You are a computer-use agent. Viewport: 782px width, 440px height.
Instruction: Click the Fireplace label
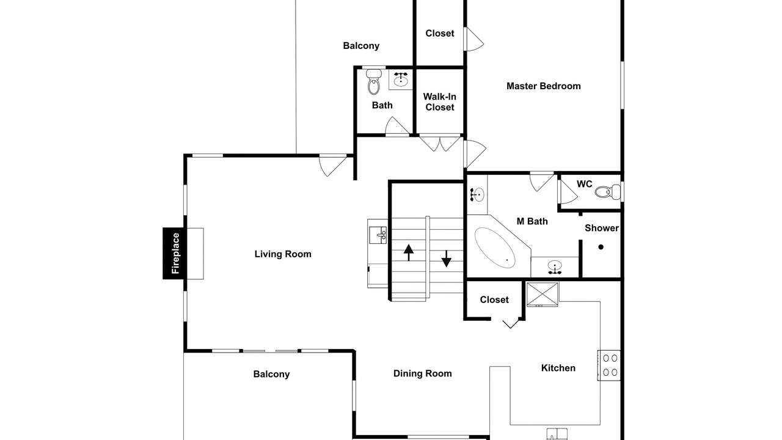tap(175, 253)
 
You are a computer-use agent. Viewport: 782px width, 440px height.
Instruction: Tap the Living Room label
tap(283, 254)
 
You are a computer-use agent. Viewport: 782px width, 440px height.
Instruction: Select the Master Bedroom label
tap(544, 86)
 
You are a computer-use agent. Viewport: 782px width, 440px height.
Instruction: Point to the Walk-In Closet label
tap(439, 102)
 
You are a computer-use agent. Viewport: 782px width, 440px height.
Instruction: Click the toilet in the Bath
tap(373, 82)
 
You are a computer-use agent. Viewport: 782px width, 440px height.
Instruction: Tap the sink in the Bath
tap(401, 79)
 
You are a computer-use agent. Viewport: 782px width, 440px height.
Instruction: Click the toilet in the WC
tap(607, 192)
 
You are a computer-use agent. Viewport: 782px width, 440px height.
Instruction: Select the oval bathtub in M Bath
tap(495, 248)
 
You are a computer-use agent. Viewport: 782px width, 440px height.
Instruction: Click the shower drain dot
tap(601, 247)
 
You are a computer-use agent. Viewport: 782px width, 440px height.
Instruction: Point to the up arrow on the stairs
tap(409, 252)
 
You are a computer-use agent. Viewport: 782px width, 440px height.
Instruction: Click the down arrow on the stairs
tap(446, 258)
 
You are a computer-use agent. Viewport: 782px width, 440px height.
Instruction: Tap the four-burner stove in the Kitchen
tap(609, 365)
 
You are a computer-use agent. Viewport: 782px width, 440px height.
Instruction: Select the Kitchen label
tap(558, 368)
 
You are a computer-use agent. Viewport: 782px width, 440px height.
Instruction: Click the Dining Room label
tap(422, 373)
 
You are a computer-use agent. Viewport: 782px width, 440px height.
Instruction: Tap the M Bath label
tap(532, 221)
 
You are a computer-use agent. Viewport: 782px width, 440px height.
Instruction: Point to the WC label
tap(585, 184)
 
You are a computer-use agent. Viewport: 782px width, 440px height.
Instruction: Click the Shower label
tap(602, 228)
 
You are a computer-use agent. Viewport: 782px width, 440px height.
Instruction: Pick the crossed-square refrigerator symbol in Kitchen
tap(542, 295)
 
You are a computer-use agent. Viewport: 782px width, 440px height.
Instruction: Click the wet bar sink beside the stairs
tap(378, 235)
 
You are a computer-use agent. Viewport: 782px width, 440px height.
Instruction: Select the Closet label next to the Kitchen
tap(494, 299)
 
